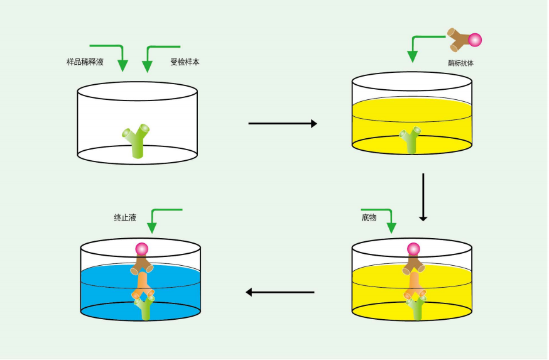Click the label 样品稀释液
[85, 62]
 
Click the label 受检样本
[185, 62]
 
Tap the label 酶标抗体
[461, 63]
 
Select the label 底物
[369, 217]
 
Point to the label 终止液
[125, 217]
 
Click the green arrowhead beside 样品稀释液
[122, 65]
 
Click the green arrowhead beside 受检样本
[148, 67]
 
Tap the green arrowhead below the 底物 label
[391, 228]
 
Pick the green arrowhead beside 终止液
[151, 228]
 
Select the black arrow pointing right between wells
[283, 123]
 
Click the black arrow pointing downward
[423, 197]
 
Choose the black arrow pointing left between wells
[280, 292]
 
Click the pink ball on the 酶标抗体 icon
[475, 40]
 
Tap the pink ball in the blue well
[142, 249]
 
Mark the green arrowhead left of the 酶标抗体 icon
[413, 57]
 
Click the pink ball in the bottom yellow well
[413, 249]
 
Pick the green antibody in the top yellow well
[410, 140]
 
